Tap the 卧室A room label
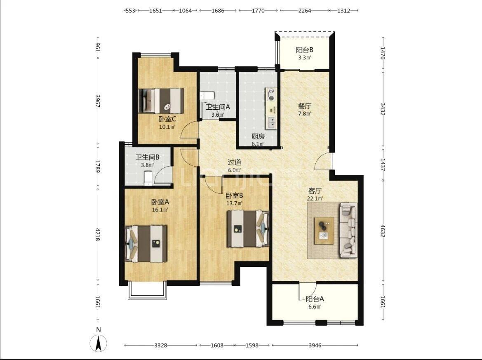click(x=160, y=202)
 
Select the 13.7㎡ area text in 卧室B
click(x=235, y=203)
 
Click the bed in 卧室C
click(x=161, y=101)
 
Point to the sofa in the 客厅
click(x=348, y=230)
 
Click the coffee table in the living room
click(x=324, y=231)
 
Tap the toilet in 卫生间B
click(x=148, y=178)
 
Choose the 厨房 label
click(x=258, y=136)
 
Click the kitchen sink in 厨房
click(x=271, y=122)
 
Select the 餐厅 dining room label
click(x=305, y=106)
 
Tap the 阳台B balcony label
click(x=305, y=50)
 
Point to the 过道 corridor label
click(x=234, y=162)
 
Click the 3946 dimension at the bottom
click(x=315, y=345)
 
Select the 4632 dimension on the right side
click(x=383, y=231)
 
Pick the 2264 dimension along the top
click(x=305, y=10)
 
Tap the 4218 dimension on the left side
click(x=98, y=235)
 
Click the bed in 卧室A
click(x=146, y=244)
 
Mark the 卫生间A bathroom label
click(x=218, y=107)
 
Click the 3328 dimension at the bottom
click(x=160, y=345)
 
